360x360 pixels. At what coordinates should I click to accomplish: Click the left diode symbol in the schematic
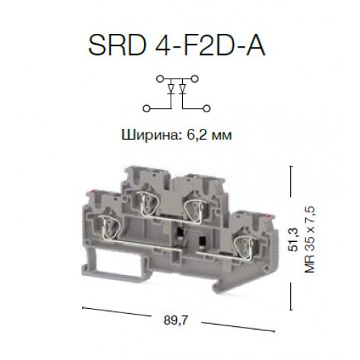click(172, 90)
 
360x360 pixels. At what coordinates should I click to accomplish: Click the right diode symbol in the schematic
click(184, 90)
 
